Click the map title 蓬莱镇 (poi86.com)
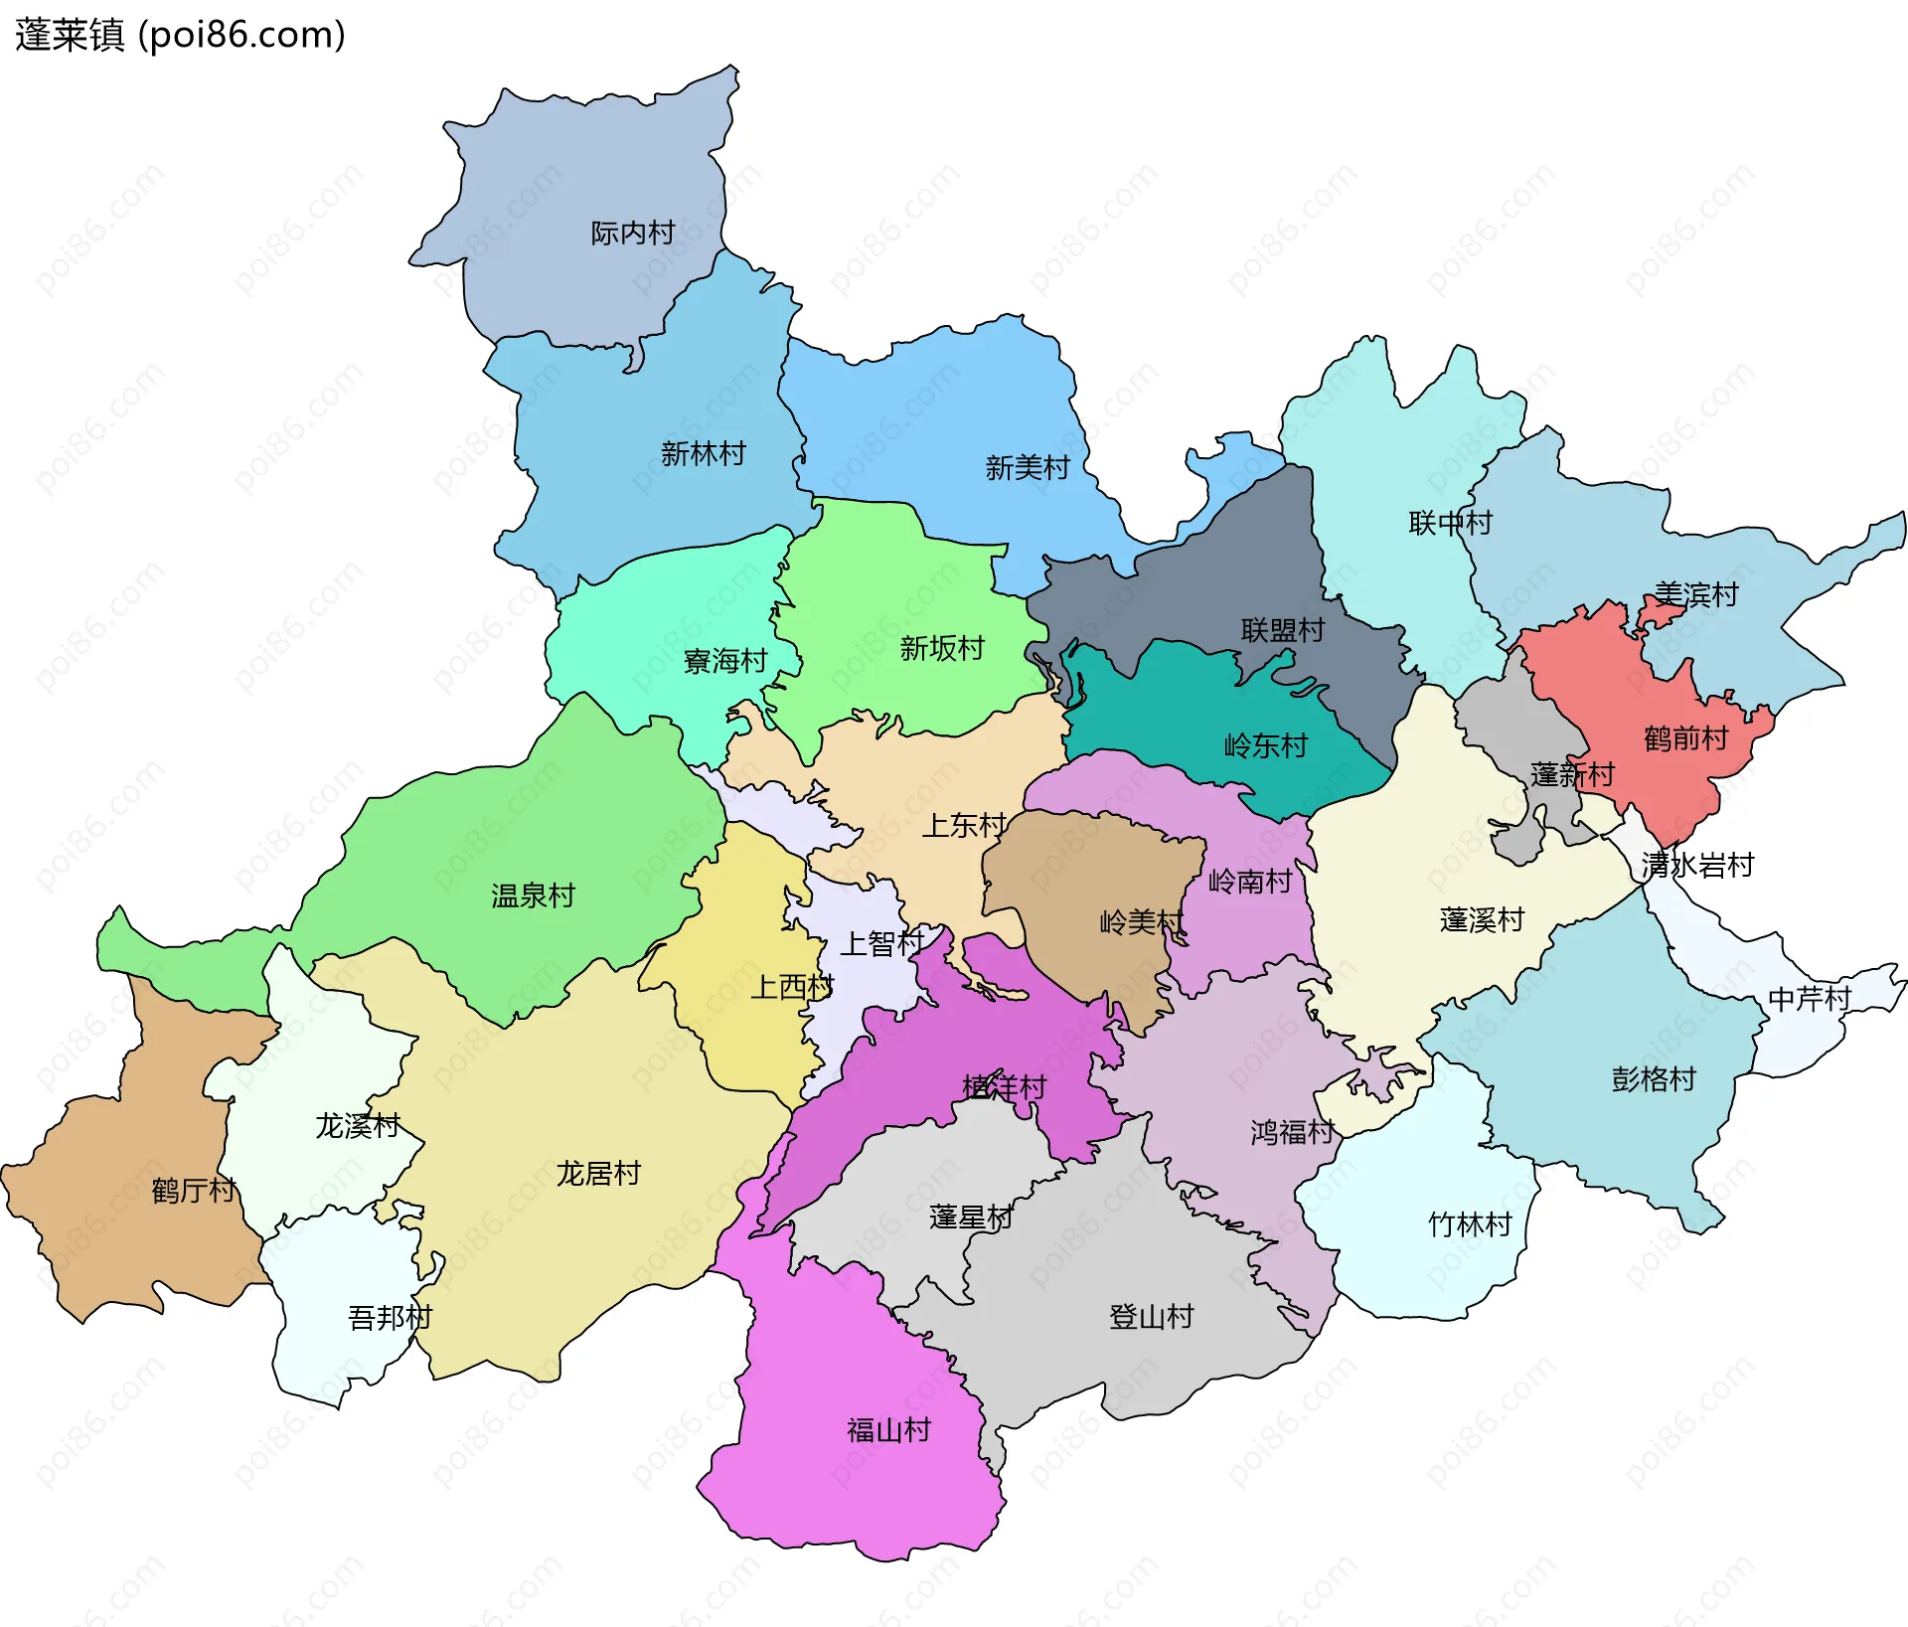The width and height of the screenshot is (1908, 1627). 180,35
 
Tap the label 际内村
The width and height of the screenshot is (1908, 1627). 632,233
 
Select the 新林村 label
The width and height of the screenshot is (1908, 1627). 703,453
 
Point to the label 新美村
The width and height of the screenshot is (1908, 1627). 1027,467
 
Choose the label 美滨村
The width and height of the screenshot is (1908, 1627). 1696,594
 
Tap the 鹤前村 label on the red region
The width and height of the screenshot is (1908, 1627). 1685,737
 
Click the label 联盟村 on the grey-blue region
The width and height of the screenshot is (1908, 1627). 1282,629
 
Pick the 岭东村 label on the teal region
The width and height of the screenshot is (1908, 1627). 1265,744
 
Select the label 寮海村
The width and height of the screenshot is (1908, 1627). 725,660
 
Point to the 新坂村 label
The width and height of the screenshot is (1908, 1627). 941,648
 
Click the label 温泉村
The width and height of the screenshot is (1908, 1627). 533,895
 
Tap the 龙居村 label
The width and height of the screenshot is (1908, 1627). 597,1173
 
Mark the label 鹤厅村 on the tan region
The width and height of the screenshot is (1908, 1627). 193,1190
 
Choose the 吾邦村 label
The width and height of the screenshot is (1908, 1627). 390,1317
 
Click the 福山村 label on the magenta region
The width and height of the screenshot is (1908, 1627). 888,1429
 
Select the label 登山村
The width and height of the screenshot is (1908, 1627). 1151,1316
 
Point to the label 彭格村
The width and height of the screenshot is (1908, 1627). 1653,1078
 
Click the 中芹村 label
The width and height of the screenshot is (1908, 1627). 1809,998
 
